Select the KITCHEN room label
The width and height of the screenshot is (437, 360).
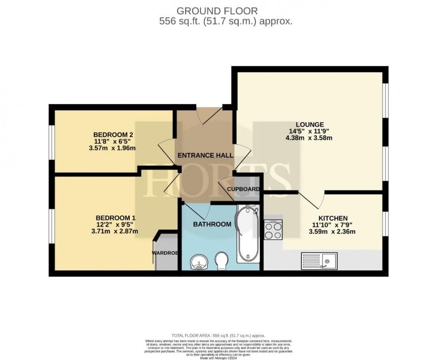pyautogui.click(x=333, y=218)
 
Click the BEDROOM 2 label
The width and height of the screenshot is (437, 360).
pyautogui.click(x=113, y=135)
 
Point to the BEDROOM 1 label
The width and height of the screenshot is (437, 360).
pyautogui.click(x=115, y=218)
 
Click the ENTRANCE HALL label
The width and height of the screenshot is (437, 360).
pyautogui.click(x=205, y=156)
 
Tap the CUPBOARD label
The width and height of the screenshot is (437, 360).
pyautogui.click(x=243, y=189)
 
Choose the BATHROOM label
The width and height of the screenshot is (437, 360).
pyautogui.click(x=212, y=224)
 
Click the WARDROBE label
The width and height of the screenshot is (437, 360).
pyautogui.click(x=167, y=253)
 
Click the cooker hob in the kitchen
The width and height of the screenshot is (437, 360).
pyautogui.click(x=273, y=230)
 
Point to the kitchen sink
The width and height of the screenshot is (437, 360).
pyautogui.click(x=319, y=260)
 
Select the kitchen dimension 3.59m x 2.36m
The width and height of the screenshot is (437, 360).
pyautogui.click(x=333, y=232)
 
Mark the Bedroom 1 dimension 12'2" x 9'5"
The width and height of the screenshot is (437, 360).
pyautogui.click(x=115, y=224)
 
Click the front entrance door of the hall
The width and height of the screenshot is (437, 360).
pyautogui.click(x=210, y=115)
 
